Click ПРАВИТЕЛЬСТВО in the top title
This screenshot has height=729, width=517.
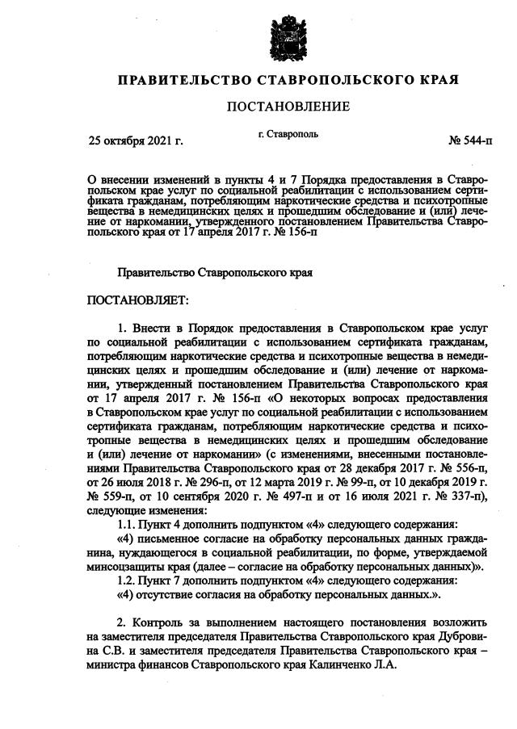[x=184, y=81]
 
